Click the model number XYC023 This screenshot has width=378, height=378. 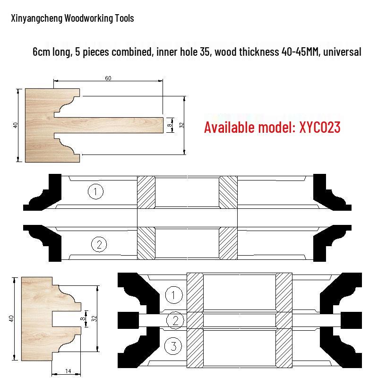tap(320, 127)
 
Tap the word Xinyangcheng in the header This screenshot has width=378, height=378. tap(37, 18)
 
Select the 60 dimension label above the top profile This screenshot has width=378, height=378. tap(108, 78)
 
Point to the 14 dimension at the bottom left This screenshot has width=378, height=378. tap(68, 371)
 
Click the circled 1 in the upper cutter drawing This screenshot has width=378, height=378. tap(95, 192)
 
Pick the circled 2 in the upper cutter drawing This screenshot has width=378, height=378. tap(99, 244)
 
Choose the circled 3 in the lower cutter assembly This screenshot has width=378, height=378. tap(173, 346)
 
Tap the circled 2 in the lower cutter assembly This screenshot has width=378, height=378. tap(175, 320)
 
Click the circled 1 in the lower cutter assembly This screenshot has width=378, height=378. tap(174, 294)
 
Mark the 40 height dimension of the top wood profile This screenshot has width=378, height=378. tap(15, 125)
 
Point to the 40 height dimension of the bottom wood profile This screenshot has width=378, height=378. tap(11, 318)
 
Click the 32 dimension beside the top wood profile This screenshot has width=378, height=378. tap(181, 125)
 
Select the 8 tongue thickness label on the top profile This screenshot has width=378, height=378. tap(170, 125)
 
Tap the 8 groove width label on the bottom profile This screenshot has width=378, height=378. tap(82, 318)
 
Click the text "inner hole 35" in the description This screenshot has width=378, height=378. tap(183, 52)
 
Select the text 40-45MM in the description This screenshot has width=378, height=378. tap(300, 52)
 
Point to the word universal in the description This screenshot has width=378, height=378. tap(342, 52)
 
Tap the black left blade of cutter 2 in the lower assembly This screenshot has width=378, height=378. tap(128, 320)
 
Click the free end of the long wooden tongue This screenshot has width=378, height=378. tap(163, 125)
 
